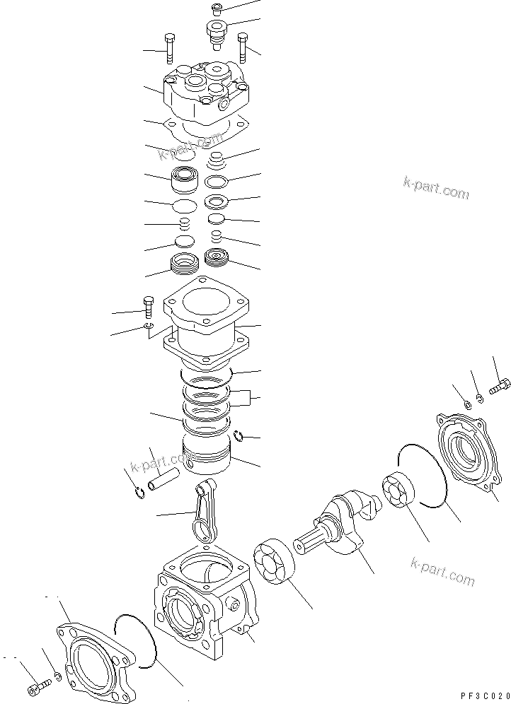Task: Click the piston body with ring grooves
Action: [207, 454]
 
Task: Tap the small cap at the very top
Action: [217, 9]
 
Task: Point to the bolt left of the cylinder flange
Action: [149, 307]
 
